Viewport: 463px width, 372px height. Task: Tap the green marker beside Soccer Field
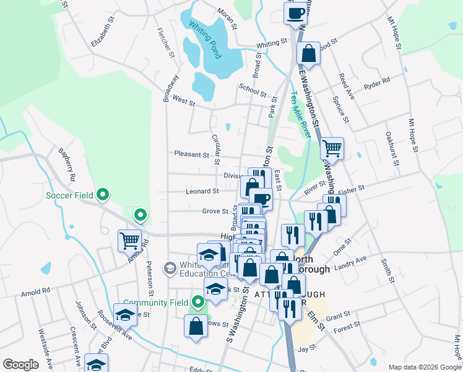(104, 196)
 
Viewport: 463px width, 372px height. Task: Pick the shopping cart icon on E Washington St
(332, 148)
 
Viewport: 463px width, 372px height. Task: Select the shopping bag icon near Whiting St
(308, 54)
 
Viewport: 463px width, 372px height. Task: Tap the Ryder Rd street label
(377, 82)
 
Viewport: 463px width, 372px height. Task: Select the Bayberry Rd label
(67, 164)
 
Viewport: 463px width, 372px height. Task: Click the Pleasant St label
(192, 154)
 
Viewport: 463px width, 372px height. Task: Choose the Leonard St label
(202, 192)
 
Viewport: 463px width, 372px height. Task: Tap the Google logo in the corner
(20, 364)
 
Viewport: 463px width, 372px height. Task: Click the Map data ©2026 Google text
(424, 367)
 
